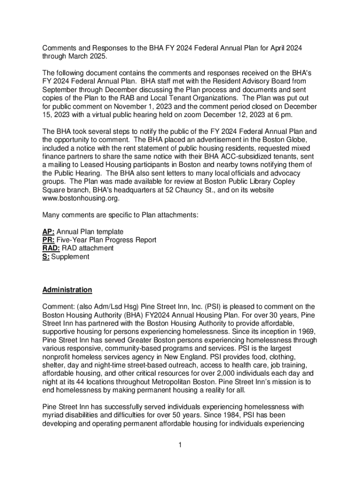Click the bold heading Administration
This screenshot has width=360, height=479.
pos(67,290)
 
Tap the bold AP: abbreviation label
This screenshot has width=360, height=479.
pos(49,232)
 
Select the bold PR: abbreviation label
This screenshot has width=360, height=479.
pos(49,240)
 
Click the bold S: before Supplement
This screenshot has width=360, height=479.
pos(46,257)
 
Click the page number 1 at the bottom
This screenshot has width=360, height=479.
pos(180,445)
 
